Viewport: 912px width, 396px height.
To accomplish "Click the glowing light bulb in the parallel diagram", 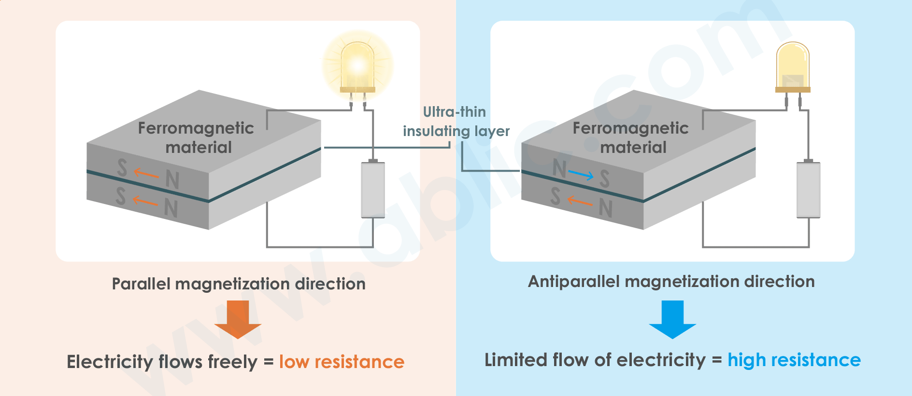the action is point(357,68).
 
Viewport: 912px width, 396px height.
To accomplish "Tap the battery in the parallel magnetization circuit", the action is point(373,189).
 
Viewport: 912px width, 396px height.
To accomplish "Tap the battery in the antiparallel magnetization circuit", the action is point(808,189).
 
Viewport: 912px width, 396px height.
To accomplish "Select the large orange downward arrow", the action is point(238,319).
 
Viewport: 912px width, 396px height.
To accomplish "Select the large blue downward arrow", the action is point(672,319).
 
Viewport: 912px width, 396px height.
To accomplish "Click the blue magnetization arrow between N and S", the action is point(581,175).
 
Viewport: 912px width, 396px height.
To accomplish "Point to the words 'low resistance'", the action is point(342,362).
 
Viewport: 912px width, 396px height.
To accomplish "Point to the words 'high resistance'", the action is point(794,360).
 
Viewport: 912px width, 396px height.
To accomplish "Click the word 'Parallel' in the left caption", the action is point(142,284).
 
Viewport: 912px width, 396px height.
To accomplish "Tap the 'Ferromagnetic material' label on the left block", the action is point(196,137).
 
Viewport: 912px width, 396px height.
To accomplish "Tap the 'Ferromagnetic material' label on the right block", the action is point(631,137).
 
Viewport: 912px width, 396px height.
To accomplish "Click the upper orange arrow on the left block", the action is point(146,173).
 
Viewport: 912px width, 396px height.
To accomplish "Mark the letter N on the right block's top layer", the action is point(559,168).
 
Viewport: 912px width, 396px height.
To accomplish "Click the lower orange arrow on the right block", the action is point(580,201).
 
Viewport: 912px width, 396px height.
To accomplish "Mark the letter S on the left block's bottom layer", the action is point(121,196).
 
